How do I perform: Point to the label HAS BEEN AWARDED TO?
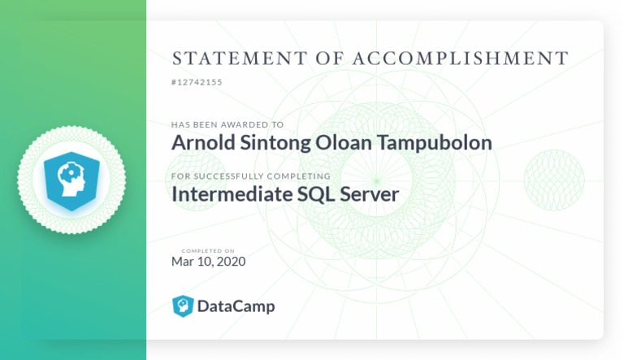tap(227, 125)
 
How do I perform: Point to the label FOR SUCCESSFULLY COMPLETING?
tap(250, 176)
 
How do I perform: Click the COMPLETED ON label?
tap(208, 251)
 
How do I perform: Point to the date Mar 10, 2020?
tap(208, 262)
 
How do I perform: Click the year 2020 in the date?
tap(231, 262)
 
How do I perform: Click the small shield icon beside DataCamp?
tap(183, 306)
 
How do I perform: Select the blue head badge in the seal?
tap(71, 180)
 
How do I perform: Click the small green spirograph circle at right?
tap(553, 179)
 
